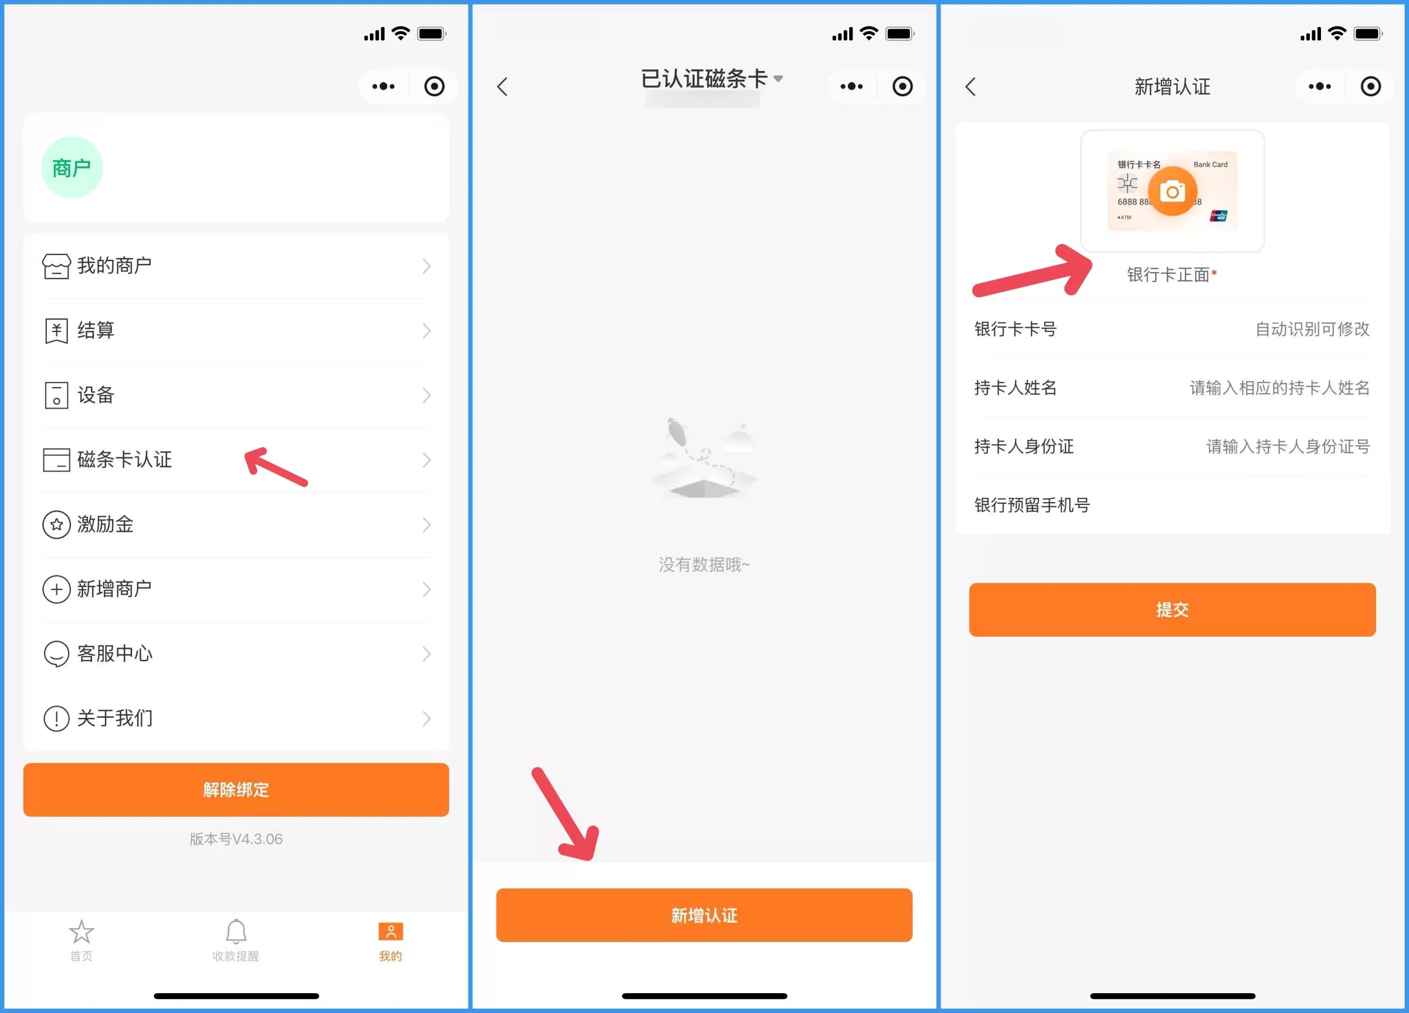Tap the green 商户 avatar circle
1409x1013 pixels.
pyautogui.click(x=72, y=167)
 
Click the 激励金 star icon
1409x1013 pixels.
pyautogui.click(x=56, y=525)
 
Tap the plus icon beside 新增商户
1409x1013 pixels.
pyautogui.click(x=56, y=589)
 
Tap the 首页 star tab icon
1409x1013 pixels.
pyautogui.click(x=81, y=932)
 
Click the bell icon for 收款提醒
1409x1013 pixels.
pyautogui.click(x=236, y=932)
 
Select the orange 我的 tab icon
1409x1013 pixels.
pyautogui.click(x=391, y=932)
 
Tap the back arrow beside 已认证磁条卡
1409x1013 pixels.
pyautogui.click(x=503, y=86)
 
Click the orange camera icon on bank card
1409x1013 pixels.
pyautogui.click(x=1172, y=192)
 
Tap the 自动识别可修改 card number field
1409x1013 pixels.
pyautogui.click(x=1312, y=329)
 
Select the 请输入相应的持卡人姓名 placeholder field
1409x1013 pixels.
pyautogui.click(x=1280, y=388)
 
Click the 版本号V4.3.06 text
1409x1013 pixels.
pyautogui.click(x=236, y=839)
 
